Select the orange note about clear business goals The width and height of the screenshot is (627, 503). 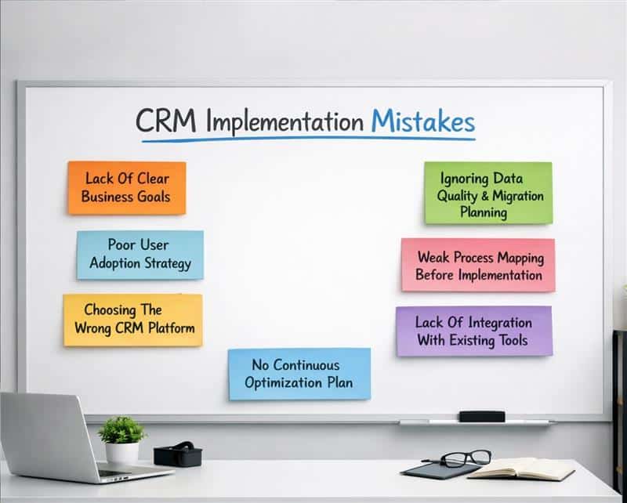(x=126, y=188)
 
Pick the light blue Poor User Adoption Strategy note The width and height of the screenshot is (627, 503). (x=140, y=254)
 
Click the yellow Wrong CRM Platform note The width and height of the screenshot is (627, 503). (x=132, y=320)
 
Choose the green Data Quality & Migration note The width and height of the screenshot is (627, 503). (x=487, y=194)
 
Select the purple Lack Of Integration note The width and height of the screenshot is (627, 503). (x=473, y=331)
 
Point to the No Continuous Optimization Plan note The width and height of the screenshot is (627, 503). (x=299, y=374)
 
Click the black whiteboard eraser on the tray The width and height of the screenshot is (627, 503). (x=481, y=416)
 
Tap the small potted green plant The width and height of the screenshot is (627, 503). (x=122, y=431)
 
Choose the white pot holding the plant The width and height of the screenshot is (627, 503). (x=121, y=451)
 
